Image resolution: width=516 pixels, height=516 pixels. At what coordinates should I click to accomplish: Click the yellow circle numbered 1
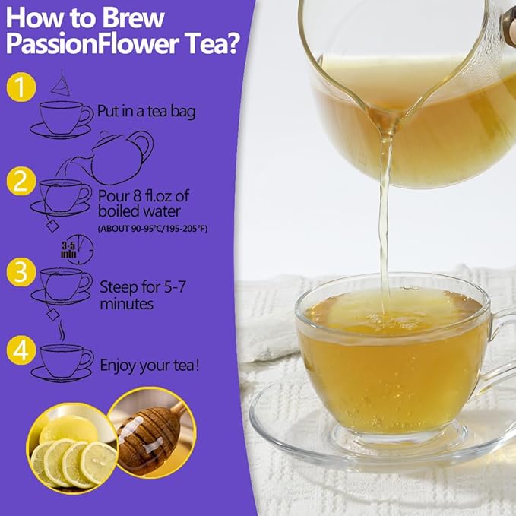21,87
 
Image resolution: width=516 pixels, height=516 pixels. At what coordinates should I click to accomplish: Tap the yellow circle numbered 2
21,181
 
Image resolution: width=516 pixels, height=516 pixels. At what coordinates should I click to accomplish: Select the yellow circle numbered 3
21,272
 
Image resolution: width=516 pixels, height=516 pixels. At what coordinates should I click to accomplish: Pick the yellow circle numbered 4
21,350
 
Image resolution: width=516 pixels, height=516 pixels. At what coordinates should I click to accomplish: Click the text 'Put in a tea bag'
146,111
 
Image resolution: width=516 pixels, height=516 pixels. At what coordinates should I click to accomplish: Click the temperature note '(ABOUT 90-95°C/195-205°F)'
153,229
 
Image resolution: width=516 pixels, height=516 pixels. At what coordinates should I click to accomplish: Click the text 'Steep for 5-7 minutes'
143,295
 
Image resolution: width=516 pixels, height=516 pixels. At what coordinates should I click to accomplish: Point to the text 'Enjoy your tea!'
150,366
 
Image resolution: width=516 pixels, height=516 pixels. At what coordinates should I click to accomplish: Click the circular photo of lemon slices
72,448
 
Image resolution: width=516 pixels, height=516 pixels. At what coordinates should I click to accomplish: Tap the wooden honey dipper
148,438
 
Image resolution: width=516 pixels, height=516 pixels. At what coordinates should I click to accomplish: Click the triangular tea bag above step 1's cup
61,84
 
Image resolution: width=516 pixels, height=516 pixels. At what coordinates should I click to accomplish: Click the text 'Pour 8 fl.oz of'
144,196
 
